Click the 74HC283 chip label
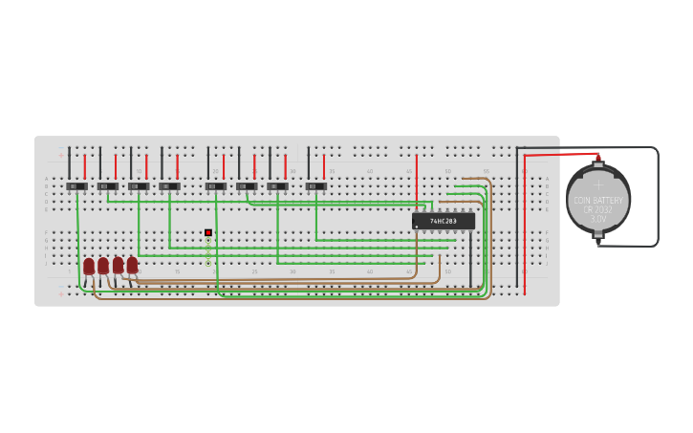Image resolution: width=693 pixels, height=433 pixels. [x=443, y=221]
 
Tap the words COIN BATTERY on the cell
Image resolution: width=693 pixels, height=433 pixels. [x=597, y=201]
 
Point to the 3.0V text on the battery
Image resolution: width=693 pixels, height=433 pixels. [x=597, y=219]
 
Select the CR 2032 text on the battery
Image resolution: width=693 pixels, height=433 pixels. [x=597, y=209]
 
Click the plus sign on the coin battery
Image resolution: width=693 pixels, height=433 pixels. [x=598, y=184]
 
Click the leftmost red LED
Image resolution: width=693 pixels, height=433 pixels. [x=89, y=266]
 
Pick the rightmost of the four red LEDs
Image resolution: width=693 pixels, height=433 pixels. [x=132, y=265]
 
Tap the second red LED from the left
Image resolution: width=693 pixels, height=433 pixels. [x=103, y=266]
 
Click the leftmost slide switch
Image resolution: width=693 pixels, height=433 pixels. [x=76, y=185]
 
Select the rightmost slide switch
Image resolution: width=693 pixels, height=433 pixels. [x=315, y=185]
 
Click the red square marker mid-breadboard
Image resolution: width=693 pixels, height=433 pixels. [x=208, y=232]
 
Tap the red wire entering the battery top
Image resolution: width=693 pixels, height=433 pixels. [x=559, y=154]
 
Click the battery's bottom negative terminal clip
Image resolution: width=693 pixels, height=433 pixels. [x=598, y=242]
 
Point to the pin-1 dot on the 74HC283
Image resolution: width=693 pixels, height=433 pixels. [x=417, y=227]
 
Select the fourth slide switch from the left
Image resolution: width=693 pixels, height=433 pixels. [x=169, y=185]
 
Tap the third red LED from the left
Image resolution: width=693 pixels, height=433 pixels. [x=118, y=265]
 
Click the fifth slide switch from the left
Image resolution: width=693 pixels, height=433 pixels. [x=216, y=185]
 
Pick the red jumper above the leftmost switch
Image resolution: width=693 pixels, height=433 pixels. [x=84, y=166]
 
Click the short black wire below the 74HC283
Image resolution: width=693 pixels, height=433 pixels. [x=470, y=258]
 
